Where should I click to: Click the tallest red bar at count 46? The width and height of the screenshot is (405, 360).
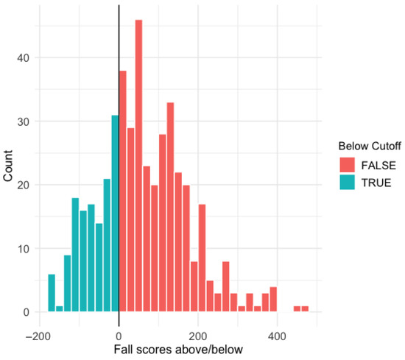tap(138, 166)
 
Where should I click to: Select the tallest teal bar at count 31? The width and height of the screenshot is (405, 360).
tap(115, 213)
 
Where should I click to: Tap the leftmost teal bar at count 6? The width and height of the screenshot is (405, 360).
tap(52, 293)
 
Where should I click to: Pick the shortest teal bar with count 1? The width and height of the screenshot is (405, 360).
tap(60, 309)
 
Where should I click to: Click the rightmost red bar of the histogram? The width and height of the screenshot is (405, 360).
tap(305, 309)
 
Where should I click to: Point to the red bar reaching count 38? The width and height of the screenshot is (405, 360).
tap(123, 191)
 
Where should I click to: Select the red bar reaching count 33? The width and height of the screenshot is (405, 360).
tap(171, 207)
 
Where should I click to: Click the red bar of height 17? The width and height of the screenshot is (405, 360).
tap(202, 258)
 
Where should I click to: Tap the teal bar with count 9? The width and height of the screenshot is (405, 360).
tap(68, 283)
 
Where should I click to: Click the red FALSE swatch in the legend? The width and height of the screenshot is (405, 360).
tap(347, 165)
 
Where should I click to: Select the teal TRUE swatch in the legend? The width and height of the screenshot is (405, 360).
tap(347, 183)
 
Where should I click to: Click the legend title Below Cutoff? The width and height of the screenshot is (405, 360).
tap(370, 146)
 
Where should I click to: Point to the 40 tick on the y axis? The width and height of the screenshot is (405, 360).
tap(23, 58)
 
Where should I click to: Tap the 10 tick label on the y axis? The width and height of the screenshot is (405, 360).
tap(23, 249)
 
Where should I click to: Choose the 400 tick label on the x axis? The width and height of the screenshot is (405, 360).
tap(277, 336)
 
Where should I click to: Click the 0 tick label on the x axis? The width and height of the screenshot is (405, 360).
tap(119, 336)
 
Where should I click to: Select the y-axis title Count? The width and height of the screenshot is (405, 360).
tap(8, 166)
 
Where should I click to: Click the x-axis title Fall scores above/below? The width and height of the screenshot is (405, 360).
tap(178, 350)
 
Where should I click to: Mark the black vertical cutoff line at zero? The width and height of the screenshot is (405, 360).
tap(119, 166)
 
